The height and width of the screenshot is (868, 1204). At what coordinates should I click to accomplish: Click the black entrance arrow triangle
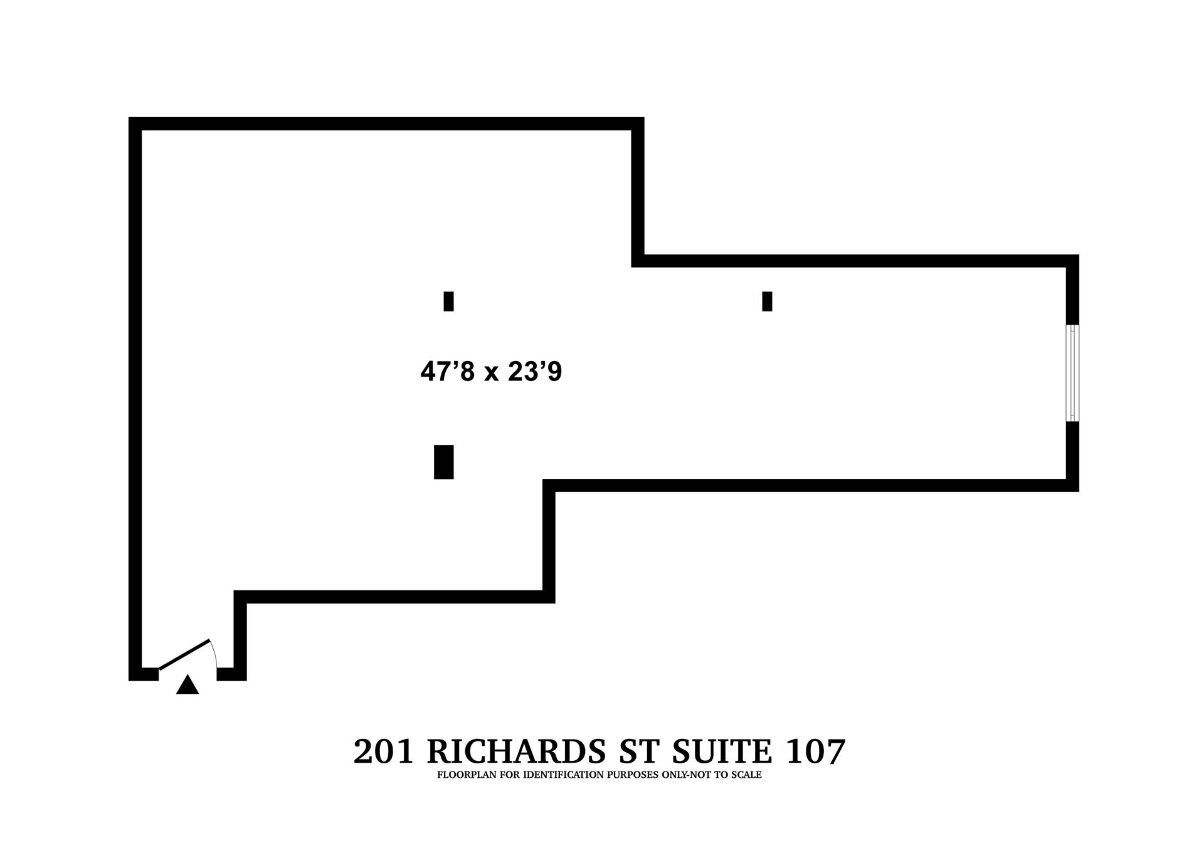coord(187,686)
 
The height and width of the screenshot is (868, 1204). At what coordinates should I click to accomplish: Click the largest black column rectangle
coord(444,462)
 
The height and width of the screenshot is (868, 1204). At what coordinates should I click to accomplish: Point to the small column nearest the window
coord(767,301)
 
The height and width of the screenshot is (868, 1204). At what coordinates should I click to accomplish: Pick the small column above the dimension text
coord(448,301)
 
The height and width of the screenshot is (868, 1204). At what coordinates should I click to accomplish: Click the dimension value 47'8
coord(448,372)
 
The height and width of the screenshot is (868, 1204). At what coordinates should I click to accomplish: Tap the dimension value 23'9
coord(535,372)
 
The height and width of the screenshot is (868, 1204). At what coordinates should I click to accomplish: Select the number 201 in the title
coord(384,751)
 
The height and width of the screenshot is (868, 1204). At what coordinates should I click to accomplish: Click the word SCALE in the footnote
coord(746,775)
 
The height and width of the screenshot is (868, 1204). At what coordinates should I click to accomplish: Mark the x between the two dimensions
coord(491,374)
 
